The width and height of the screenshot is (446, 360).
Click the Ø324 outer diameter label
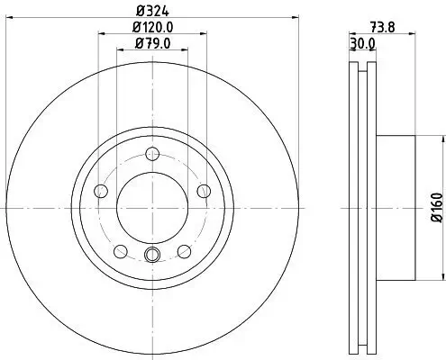151,12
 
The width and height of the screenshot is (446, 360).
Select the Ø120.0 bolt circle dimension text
151,28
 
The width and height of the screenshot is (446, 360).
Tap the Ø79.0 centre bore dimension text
151,42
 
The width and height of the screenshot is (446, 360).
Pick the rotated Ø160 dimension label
436,206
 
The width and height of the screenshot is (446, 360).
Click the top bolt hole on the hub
151,154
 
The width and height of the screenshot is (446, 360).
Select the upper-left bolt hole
101,190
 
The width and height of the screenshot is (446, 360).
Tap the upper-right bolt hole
203,190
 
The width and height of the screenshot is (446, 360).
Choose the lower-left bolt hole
120,249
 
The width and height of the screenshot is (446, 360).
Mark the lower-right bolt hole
183,249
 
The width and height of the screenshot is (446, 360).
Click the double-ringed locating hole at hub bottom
151,255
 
